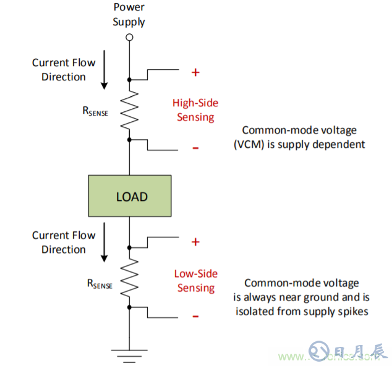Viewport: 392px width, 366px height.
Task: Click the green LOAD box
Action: [130, 197]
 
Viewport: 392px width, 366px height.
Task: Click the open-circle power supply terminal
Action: [129, 38]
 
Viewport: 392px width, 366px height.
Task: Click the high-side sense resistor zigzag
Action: [129, 110]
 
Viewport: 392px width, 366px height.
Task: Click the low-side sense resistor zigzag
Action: [129, 278]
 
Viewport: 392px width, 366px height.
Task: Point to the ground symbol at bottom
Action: [129, 353]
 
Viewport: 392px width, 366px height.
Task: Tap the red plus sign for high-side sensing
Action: [195, 72]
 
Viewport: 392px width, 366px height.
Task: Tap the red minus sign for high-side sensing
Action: [195, 148]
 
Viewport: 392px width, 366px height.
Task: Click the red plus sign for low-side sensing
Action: [195, 241]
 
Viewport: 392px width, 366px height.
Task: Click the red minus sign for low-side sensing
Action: [195, 316]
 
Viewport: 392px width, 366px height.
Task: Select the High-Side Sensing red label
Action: [195, 110]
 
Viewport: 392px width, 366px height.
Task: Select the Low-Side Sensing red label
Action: [196, 281]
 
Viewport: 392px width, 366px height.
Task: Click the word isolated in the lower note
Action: [256, 310]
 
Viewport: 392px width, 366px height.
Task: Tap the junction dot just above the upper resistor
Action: [129, 80]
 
